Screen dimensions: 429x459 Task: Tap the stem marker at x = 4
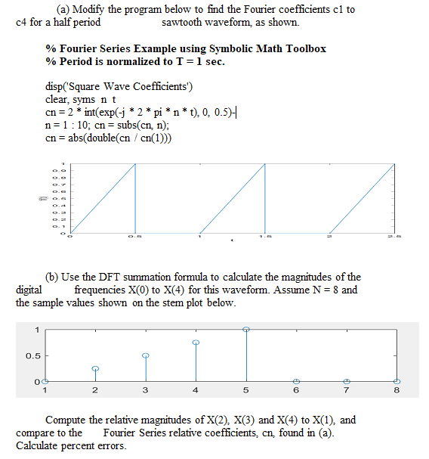[196, 343]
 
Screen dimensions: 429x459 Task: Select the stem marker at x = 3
[146, 355]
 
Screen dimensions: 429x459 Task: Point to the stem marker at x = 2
[95, 368]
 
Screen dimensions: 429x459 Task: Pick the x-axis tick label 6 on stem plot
[296, 390]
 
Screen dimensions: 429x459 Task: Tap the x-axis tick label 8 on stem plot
[397, 390]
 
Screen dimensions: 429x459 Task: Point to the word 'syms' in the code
[85, 99]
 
